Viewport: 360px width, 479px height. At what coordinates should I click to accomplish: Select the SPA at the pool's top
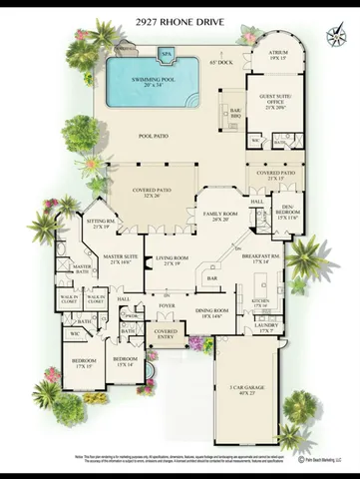166,54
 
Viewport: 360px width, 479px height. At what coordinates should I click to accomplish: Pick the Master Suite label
119,259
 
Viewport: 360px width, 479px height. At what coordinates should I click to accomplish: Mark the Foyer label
167,306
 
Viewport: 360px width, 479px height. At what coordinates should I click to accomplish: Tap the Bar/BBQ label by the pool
236,113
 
